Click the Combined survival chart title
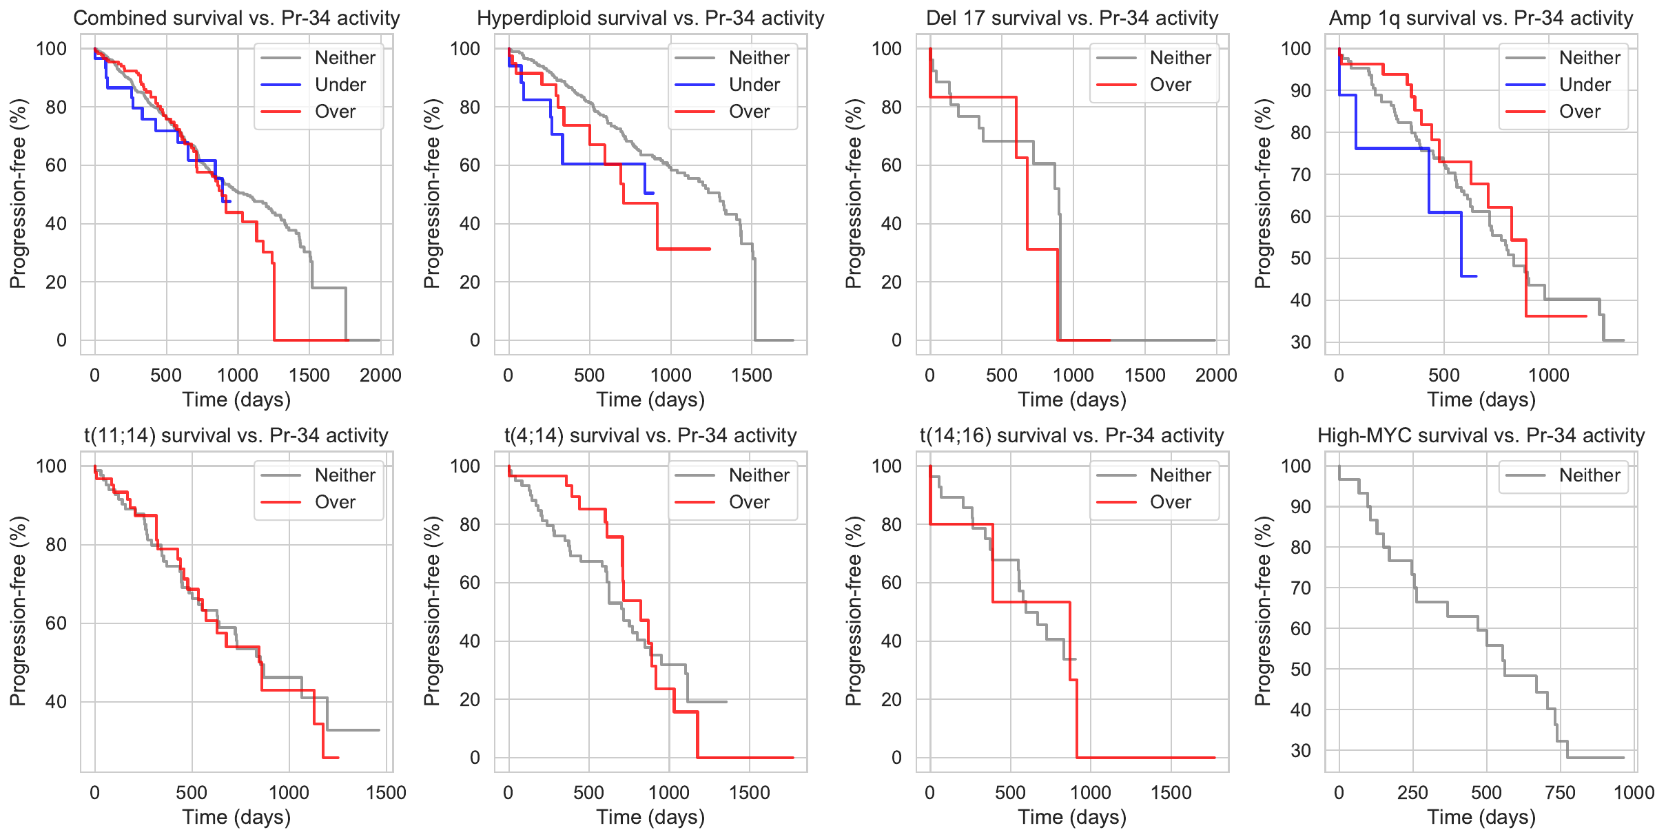click(x=236, y=18)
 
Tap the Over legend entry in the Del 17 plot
click(x=1170, y=85)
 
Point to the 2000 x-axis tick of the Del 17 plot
click(x=1216, y=375)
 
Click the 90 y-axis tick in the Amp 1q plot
click(x=1300, y=91)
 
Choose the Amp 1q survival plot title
click(x=1481, y=18)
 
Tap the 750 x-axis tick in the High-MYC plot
click(x=1560, y=793)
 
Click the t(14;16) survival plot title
click(x=1071, y=435)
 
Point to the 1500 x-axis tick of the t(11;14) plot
click(x=386, y=793)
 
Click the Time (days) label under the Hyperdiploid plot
click(x=650, y=400)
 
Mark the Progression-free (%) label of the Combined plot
click(x=18, y=194)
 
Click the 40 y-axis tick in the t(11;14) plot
click(x=52, y=702)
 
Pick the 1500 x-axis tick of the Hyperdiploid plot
click(x=752, y=375)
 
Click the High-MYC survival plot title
click(x=1481, y=435)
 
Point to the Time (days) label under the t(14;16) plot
click(x=1071, y=817)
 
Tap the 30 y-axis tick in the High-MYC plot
click(x=1300, y=751)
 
